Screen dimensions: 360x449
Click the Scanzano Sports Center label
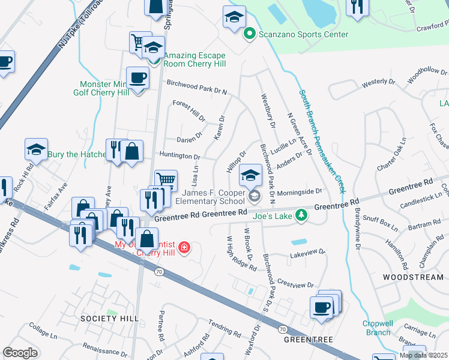coord(303,34)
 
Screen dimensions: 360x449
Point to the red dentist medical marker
coord(185,247)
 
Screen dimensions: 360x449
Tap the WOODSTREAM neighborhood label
coord(414,277)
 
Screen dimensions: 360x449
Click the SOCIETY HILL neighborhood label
coord(110,318)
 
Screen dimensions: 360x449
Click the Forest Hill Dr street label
coord(189,110)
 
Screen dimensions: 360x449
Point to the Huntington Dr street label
coord(179,155)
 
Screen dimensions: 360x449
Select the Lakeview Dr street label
coord(307,254)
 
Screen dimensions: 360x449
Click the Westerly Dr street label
coord(378,83)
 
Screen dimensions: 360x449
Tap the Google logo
coord(20,352)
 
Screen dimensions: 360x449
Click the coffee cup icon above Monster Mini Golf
coord(137,78)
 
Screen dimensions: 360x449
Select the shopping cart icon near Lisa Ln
coord(166,179)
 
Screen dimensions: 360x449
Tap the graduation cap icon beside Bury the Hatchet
coord(36,149)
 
